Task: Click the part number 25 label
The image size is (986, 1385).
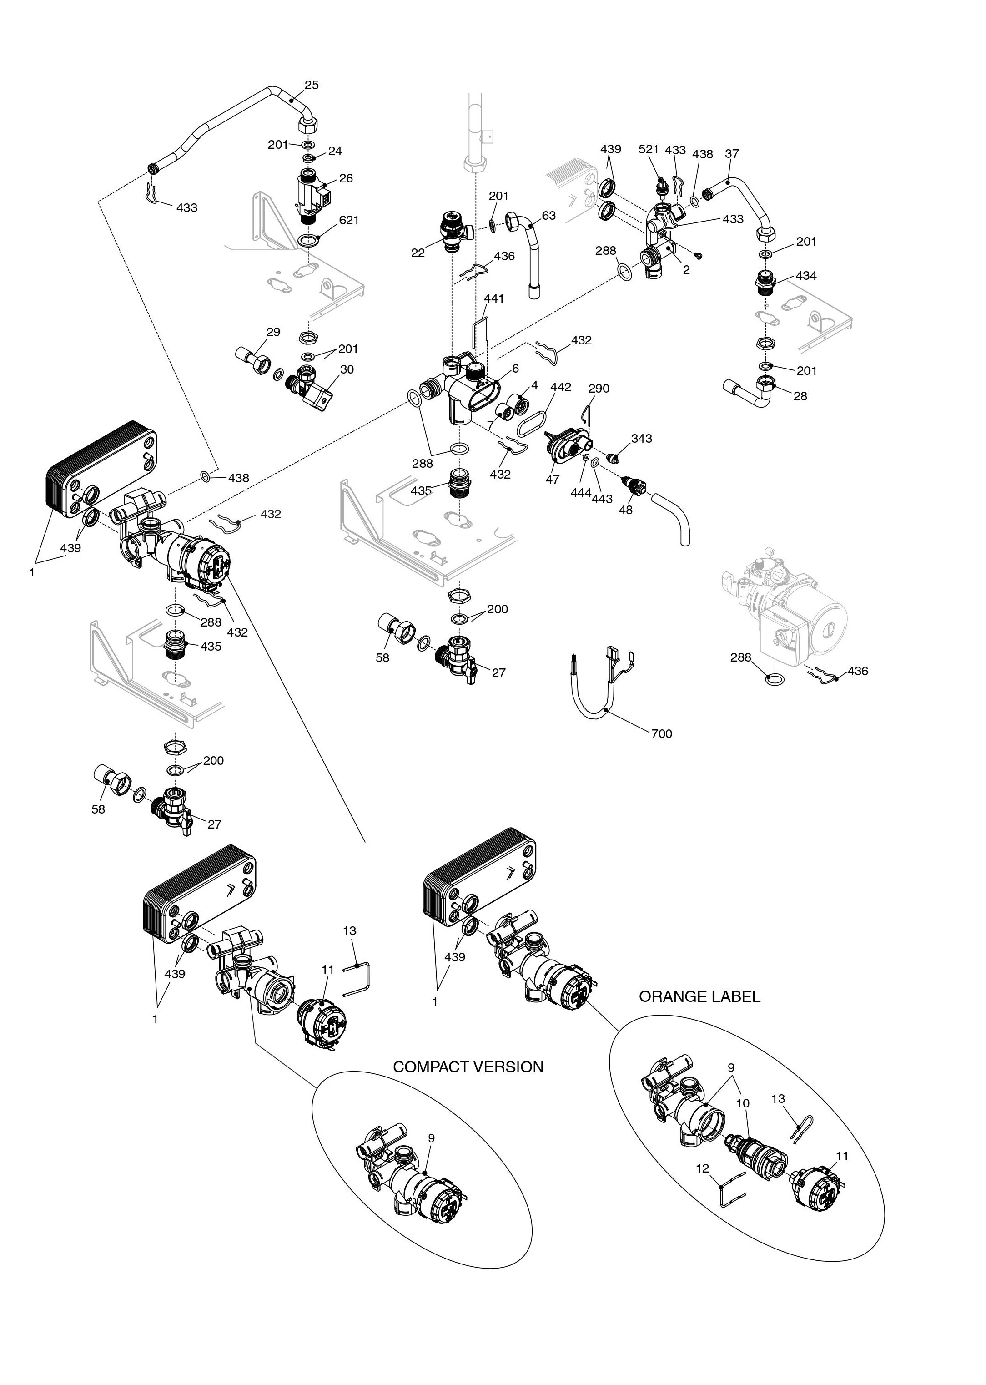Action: tap(312, 85)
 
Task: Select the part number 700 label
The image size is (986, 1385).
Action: tap(661, 734)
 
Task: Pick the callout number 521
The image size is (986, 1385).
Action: tap(649, 149)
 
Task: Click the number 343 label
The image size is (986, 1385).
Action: tap(642, 439)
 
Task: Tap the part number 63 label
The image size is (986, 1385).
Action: tap(549, 216)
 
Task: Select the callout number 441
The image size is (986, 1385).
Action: tap(494, 299)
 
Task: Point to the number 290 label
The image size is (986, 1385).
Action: tap(599, 389)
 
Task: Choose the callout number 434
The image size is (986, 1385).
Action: tap(806, 276)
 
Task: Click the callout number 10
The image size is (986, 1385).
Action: tap(743, 1103)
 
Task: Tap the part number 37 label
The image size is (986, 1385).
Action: tap(732, 154)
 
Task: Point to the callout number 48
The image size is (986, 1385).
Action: tap(625, 510)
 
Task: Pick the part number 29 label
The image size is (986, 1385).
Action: tap(273, 332)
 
